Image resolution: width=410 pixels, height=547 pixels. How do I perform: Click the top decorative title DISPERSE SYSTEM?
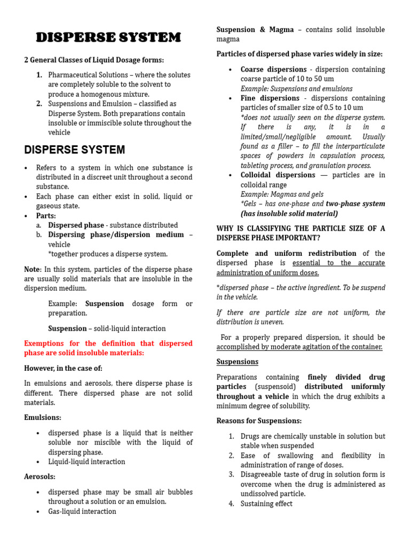(x=108, y=37)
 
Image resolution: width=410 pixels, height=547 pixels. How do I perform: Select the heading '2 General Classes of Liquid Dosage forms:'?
(x=94, y=60)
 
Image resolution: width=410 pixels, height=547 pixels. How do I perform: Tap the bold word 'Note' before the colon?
(x=31, y=269)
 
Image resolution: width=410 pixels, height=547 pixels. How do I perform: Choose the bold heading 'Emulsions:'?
(x=43, y=417)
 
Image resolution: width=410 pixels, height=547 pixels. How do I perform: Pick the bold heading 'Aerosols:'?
(x=40, y=476)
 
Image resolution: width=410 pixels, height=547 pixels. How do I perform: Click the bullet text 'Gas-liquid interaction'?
(x=82, y=511)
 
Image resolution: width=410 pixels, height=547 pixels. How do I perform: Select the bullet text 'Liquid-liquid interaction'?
(x=86, y=462)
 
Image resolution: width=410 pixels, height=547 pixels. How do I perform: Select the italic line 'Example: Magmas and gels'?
(x=282, y=194)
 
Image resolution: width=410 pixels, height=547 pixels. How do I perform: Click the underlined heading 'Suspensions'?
(x=237, y=362)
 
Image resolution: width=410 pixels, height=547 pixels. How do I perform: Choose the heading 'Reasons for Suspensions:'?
(x=259, y=421)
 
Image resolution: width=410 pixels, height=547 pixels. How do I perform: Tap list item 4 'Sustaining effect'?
(x=266, y=504)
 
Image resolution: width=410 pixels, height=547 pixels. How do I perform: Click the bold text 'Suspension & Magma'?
(x=255, y=30)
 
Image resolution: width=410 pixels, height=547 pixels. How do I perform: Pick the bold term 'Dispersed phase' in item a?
(x=76, y=225)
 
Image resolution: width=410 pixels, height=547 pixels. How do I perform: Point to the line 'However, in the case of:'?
(x=63, y=368)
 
